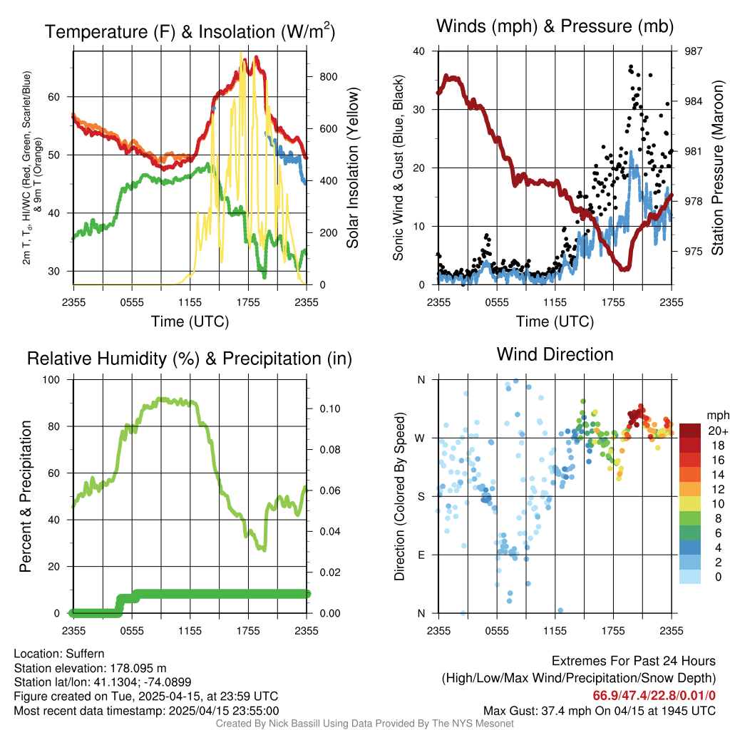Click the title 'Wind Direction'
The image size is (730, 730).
[x=555, y=354]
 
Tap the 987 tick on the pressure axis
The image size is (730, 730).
[x=694, y=51]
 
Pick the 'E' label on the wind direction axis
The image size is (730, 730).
[x=421, y=555]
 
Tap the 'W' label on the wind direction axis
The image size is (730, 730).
[x=421, y=438]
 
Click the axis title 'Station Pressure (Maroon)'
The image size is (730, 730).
[x=718, y=168]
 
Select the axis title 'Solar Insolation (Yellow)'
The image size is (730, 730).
[x=352, y=168]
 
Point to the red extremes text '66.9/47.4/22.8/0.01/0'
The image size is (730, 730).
[x=654, y=695]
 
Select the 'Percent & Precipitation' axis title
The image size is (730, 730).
[x=26, y=496]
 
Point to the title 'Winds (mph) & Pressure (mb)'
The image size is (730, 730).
[x=555, y=27]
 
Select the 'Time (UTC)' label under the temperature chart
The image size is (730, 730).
[x=190, y=322]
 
